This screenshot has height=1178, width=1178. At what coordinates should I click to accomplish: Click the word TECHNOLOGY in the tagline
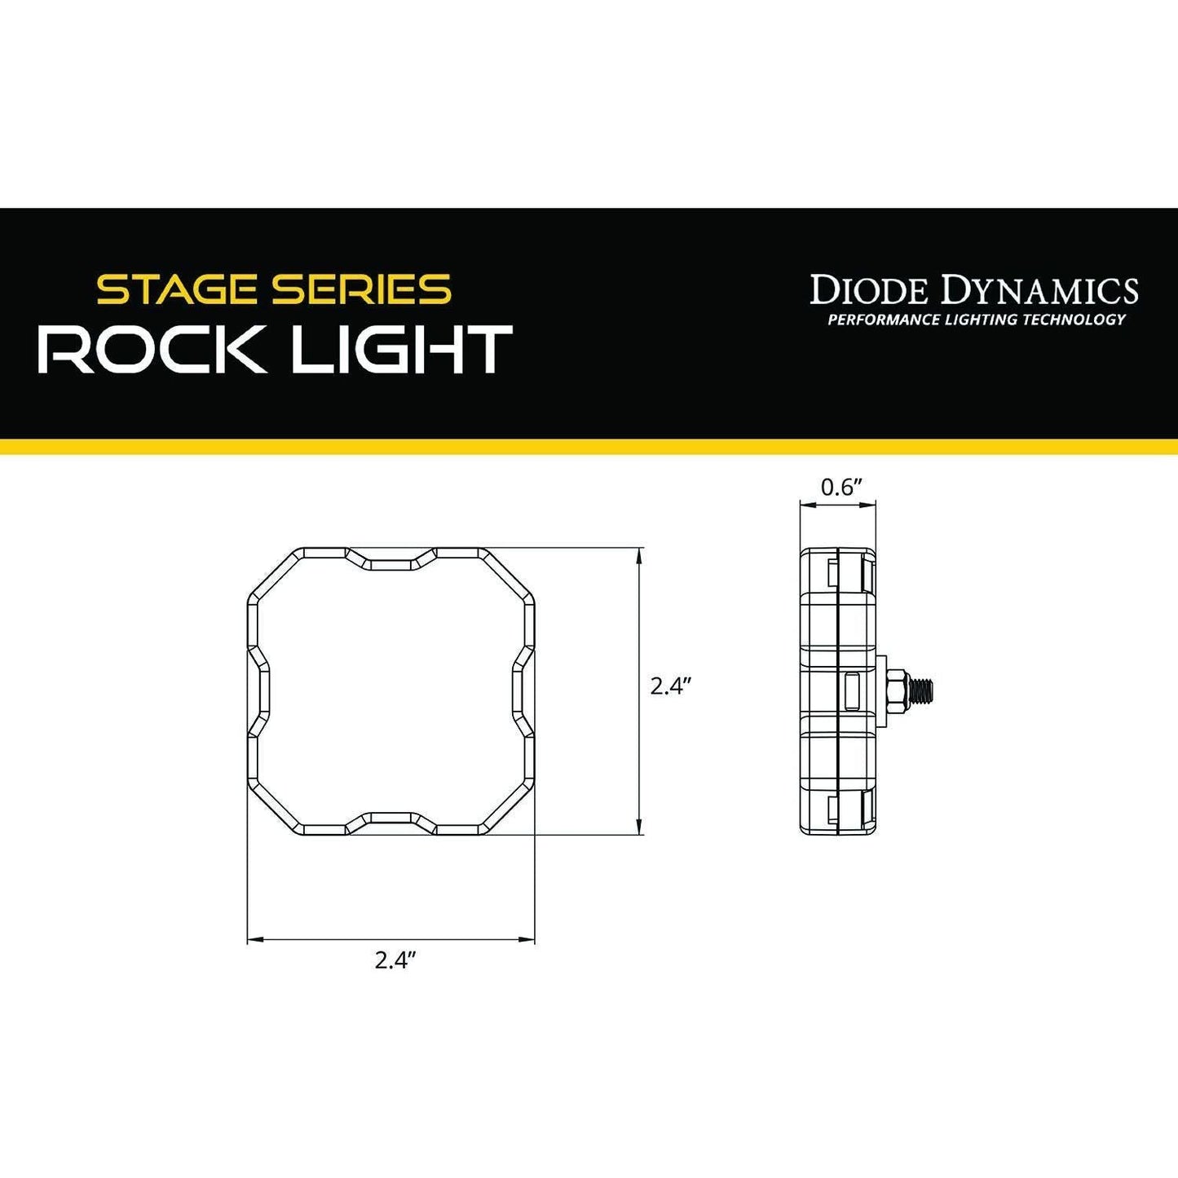coord(1076,320)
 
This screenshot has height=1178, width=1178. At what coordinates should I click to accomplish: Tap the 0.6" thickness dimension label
coord(841,488)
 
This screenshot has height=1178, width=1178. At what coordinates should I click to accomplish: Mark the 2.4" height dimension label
coord(671,686)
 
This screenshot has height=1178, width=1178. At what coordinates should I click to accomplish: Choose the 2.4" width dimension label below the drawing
coord(395,960)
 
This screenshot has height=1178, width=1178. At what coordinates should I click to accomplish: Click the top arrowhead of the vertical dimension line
coord(640,554)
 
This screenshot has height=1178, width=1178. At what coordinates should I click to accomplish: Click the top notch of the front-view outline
coord(391,562)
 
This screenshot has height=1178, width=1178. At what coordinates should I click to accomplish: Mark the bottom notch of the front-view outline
coord(391,818)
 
